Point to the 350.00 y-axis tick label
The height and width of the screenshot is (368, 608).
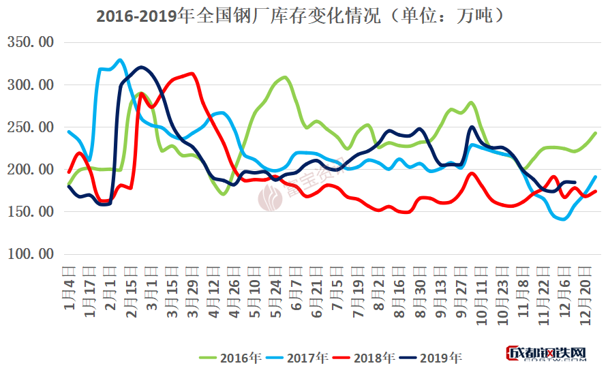coord(29,43)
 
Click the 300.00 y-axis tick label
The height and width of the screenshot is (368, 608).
coord(29,85)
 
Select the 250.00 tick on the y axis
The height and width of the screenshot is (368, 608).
coord(29,127)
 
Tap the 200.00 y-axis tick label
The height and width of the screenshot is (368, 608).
coord(29,170)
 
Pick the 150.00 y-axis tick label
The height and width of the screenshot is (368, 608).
coord(29,212)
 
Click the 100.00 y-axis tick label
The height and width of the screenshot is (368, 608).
coord(29,254)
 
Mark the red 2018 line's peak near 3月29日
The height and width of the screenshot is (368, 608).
coord(192,74)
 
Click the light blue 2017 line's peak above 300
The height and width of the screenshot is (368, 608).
coord(120,60)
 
